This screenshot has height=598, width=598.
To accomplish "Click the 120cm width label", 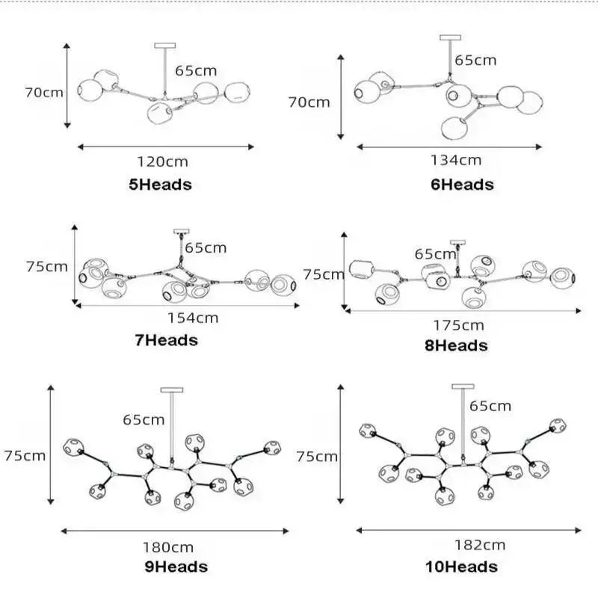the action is (x=163, y=161).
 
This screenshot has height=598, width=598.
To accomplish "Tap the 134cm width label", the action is (x=456, y=160).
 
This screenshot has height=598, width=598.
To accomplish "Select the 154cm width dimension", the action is (x=193, y=318).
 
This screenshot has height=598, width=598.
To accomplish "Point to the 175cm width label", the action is (x=458, y=325).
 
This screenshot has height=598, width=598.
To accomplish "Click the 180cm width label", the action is (x=168, y=547).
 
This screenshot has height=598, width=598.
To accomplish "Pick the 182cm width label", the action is (x=480, y=545).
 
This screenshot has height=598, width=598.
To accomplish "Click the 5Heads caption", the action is (x=160, y=185).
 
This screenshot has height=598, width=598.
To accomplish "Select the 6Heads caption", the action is (x=462, y=185).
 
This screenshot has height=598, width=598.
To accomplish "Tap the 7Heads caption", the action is (x=166, y=340).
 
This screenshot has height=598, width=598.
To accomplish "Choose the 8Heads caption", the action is (x=456, y=345).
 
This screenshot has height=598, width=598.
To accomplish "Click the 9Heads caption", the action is (x=176, y=567).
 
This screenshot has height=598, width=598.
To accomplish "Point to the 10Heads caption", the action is (x=461, y=567).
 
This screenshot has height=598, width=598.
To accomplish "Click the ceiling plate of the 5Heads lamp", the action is (x=165, y=46).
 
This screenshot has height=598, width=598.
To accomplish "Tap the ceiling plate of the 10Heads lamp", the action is (x=463, y=386).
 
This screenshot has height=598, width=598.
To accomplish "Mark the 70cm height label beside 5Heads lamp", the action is (x=44, y=92).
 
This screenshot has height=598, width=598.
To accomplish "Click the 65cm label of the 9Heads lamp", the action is (x=144, y=419).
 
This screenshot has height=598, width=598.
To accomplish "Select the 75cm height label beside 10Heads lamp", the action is (x=317, y=457).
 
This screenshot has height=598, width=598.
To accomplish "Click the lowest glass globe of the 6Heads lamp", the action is (x=454, y=127).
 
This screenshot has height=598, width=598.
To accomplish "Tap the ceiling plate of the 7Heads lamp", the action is (x=181, y=232).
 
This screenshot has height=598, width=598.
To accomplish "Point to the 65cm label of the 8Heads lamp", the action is (x=435, y=254).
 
